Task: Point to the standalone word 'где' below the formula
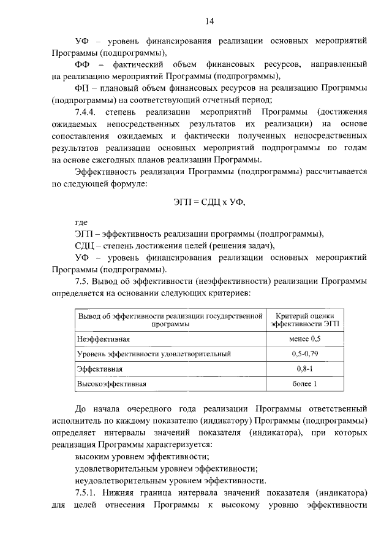click(x=81, y=222)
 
